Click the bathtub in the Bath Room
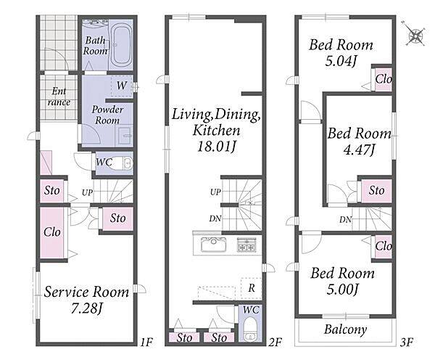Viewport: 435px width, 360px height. [121, 44]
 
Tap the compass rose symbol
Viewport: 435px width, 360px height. [415, 36]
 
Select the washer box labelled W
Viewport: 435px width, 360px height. [122, 86]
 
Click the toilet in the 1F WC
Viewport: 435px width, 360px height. [124, 163]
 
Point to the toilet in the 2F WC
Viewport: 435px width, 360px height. [250, 330]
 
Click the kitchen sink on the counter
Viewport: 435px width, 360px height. [213, 245]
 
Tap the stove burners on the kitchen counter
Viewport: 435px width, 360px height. [246, 245]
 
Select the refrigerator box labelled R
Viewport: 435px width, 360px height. [252, 288]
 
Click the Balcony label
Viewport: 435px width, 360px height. [345, 330]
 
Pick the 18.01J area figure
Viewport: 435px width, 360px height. [217, 146]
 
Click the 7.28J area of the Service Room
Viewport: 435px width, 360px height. [87, 308]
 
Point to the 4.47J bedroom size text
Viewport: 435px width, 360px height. [360, 150]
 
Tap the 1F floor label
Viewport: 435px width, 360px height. [146, 343]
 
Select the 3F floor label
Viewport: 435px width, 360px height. [407, 343]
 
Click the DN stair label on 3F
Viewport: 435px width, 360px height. [345, 220]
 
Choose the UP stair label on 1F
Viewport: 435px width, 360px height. [87, 192]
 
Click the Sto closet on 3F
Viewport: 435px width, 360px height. [377, 191]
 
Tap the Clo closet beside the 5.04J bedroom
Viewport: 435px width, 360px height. [384, 79]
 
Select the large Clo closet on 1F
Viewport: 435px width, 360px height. [52, 232]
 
